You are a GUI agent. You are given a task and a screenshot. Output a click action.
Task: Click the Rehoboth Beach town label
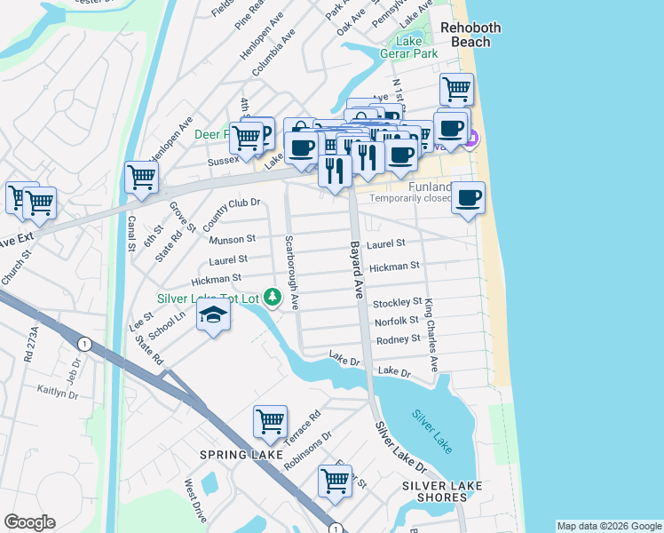[x=470, y=35]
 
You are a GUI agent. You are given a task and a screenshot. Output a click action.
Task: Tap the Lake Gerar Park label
[x=417, y=47]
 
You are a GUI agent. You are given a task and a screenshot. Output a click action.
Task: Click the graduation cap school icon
[x=213, y=315]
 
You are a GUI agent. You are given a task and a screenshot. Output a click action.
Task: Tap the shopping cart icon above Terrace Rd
[x=270, y=422]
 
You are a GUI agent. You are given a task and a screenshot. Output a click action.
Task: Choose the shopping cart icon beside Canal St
[x=142, y=177]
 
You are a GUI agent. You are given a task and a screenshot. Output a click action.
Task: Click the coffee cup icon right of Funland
[x=469, y=197]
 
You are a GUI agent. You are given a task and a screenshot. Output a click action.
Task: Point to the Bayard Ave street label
[x=356, y=270]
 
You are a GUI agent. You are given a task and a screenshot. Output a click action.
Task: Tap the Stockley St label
[x=397, y=303]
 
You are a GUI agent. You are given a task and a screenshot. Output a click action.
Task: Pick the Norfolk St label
[x=396, y=322]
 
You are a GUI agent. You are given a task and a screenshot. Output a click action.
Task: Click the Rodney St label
[x=398, y=339]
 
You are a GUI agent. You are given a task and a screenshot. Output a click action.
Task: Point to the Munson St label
[x=233, y=239]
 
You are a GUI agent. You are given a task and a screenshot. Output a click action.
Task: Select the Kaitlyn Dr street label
[x=59, y=390]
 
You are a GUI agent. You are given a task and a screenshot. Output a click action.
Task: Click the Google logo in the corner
[x=29, y=522]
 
